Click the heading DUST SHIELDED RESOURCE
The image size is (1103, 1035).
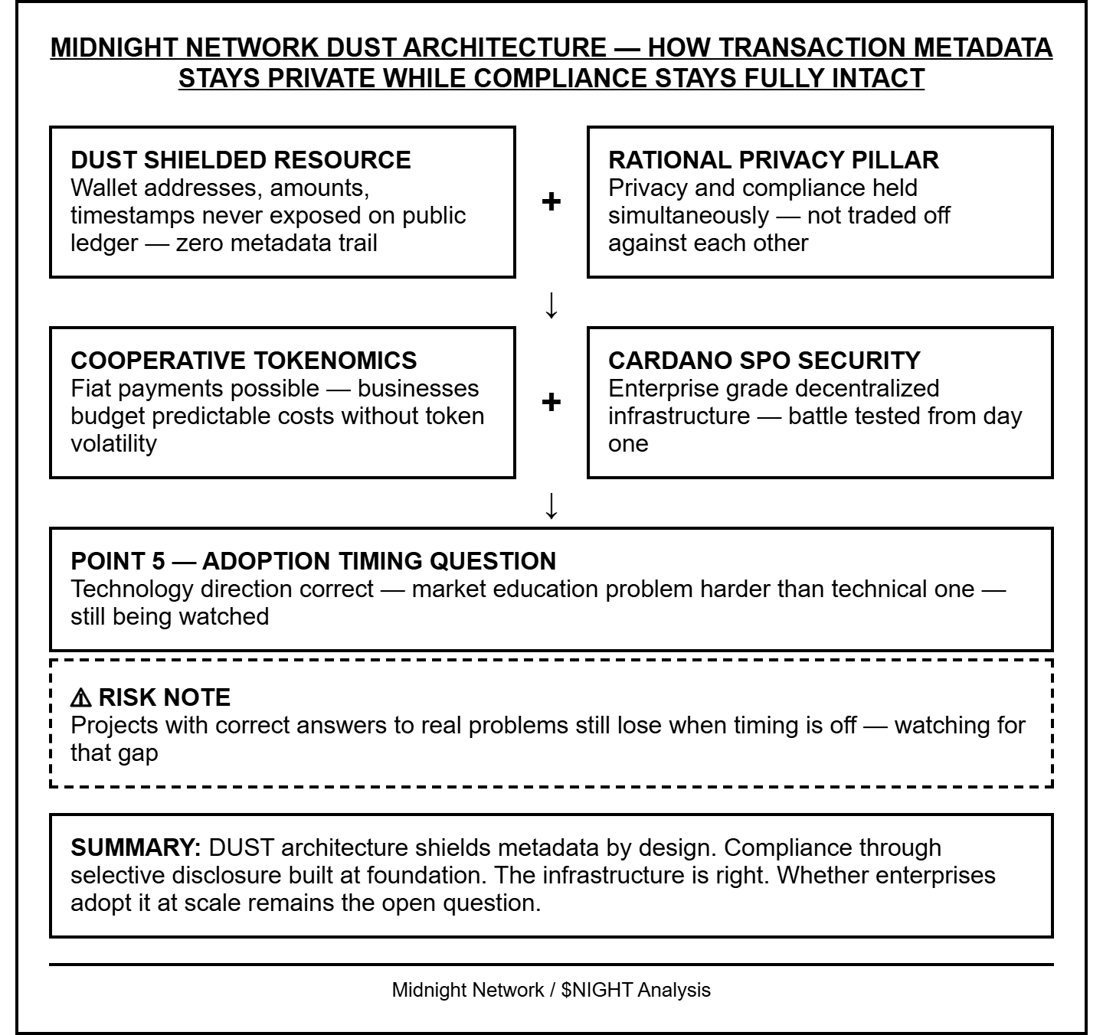click(241, 160)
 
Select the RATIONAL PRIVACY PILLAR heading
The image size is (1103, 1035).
click(773, 160)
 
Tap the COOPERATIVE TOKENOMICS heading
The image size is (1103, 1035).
click(244, 361)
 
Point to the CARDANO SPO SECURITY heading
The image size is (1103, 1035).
click(764, 361)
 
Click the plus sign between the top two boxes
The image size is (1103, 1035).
click(551, 202)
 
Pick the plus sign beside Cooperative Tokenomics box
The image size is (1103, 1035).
click(551, 403)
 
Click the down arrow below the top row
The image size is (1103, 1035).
click(551, 305)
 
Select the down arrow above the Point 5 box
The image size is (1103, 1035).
click(551, 506)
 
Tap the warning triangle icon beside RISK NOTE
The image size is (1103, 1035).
click(80, 698)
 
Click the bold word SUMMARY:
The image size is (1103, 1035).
click(136, 848)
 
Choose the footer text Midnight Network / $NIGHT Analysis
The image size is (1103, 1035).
click(551, 990)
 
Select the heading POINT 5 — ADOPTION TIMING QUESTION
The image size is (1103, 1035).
click(313, 561)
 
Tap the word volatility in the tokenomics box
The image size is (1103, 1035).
click(113, 444)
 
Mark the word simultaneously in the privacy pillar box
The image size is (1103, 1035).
click(689, 216)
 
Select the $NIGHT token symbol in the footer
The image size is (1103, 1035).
click(597, 990)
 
